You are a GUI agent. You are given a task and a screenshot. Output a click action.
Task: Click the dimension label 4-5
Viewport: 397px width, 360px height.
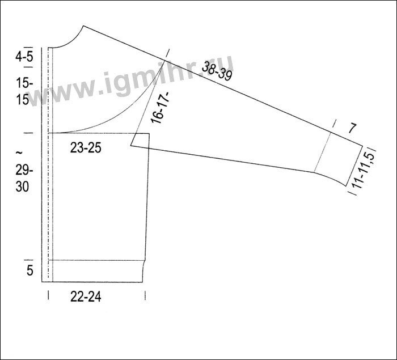click(24, 57)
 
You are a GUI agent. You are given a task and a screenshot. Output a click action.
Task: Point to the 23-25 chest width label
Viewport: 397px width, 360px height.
click(86, 148)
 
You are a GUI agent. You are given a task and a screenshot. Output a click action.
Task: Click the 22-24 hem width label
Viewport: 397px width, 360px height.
click(86, 297)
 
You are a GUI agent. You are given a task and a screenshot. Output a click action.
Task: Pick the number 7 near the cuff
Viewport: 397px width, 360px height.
click(352, 128)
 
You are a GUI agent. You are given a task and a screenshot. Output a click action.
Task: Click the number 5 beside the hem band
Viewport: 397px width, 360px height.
click(30, 270)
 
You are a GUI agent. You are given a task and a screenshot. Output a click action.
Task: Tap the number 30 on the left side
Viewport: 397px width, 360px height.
click(22, 187)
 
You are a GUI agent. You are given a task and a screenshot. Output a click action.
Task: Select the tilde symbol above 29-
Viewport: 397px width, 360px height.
click(19, 153)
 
